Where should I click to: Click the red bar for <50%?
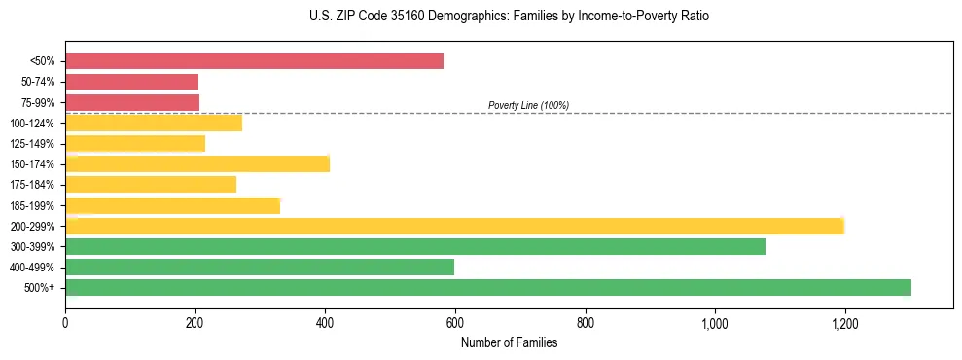[254, 61]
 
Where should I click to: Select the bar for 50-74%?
[132, 82]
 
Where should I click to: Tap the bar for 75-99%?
[132, 102]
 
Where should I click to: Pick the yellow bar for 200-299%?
[454, 226]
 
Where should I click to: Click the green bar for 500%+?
[488, 287]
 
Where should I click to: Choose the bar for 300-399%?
[415, 246]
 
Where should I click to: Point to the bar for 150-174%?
[197, 163]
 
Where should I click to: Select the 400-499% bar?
[260, 267]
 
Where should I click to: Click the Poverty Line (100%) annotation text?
[528, 105]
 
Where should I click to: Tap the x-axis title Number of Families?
[509, 342]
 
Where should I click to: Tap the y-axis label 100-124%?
[32, 124]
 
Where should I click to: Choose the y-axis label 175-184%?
[32, 185]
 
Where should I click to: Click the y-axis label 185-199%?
[32, 205]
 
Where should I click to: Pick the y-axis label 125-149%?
[32, 144]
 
